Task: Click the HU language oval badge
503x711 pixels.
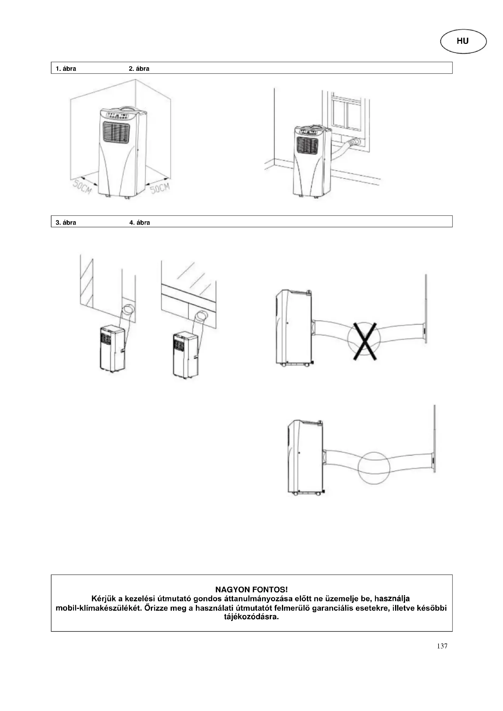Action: point(463,41)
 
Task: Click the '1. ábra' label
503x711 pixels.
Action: point(66,69)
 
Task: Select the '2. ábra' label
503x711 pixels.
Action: point(139,69)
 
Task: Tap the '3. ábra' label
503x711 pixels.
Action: point(66,222)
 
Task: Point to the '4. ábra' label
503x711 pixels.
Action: point(139,222)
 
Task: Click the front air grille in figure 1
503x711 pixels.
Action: point(116,133)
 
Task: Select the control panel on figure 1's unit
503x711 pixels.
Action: point(119,117)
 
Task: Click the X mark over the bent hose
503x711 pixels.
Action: point(365,341)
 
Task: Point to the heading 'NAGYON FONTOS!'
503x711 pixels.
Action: point(251,589)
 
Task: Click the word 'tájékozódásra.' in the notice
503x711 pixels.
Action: point(251,617)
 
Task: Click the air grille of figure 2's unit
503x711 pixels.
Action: point(307,146)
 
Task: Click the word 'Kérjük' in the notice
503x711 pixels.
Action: point(103,599)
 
